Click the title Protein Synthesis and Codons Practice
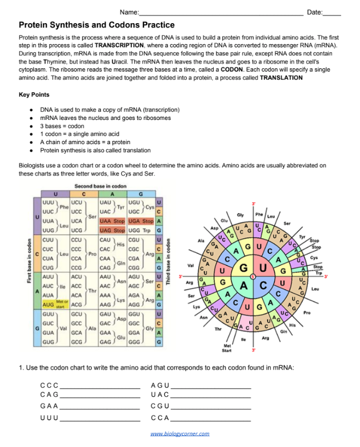96,25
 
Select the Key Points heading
34,95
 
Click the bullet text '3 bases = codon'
63,126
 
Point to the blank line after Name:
221,12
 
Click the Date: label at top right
314,12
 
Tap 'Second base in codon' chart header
100,186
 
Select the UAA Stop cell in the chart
112,221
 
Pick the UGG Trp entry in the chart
141,230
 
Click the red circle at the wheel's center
246,276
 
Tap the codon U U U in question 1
49,417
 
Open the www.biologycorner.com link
179,434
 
